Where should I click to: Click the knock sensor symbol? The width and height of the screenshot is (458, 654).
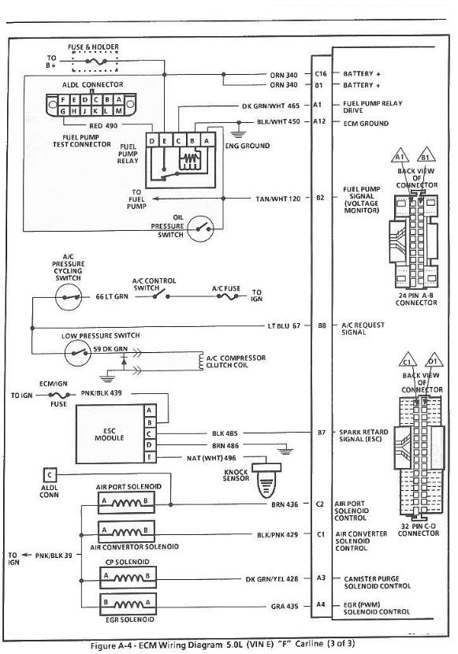[269, 481]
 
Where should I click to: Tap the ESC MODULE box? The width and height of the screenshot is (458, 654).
[110, 434]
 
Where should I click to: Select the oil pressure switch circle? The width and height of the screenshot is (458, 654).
[201, 229]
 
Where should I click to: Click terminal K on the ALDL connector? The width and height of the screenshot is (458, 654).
[95, 111]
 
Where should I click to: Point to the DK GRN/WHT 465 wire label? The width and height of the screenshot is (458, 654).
[270, 106]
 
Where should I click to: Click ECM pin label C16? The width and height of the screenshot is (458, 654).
[321, 74]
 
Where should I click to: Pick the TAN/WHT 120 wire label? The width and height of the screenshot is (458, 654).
[277, 199]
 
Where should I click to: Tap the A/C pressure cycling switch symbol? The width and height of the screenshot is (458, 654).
[69, 297]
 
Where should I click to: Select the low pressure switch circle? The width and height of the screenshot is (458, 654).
[77, 353]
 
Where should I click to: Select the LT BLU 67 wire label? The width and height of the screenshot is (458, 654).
[284, 325]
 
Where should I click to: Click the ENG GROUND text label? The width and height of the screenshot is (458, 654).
[248, 146]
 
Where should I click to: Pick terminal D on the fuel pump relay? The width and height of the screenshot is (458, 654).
[152, 141]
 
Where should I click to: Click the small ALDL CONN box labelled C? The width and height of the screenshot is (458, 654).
[50, 475]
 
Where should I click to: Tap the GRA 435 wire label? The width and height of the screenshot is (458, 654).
[285, 607]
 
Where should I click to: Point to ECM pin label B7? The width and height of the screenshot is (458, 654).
[321, 433]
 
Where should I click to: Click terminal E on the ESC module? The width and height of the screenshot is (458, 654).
[150, 458]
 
